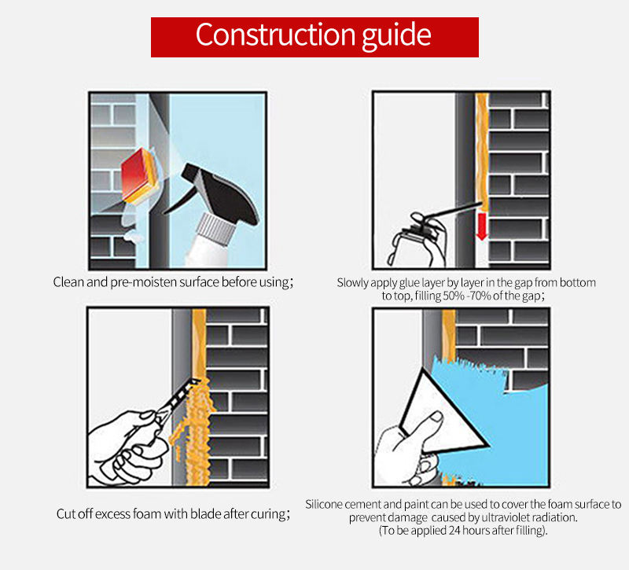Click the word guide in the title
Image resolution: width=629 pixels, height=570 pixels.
397,36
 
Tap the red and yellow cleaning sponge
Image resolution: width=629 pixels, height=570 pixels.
141,175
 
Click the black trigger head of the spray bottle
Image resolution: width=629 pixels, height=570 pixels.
220,193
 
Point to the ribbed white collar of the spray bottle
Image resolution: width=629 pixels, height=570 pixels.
215,228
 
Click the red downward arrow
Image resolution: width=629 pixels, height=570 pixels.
482,226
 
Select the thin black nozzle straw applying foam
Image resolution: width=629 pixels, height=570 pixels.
453,210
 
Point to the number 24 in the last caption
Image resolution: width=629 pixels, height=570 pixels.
454,531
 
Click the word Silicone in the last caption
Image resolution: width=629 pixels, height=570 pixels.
324,504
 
